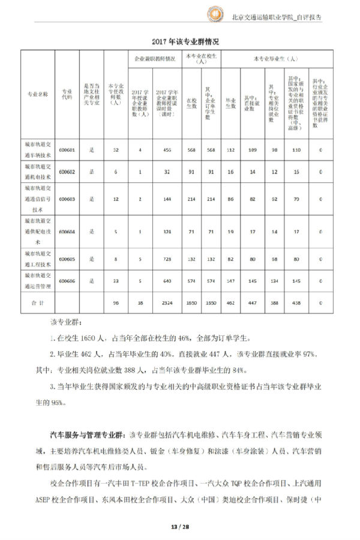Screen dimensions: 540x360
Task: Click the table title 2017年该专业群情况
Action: (179, 41)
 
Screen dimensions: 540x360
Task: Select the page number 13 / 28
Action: (179, 527)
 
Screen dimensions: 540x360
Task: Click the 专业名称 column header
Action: (38, 94)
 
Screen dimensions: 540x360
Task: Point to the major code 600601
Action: (68, 149)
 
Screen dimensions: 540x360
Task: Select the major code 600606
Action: (68, 280)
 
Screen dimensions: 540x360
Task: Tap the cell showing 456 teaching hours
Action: (164, 149)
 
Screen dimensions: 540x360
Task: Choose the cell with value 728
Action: (164, 259)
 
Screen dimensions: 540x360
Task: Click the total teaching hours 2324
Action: (164, 304)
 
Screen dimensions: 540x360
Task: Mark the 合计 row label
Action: (38, 304)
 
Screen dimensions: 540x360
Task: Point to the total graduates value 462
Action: (230, 304)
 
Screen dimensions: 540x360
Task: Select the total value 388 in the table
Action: (274, 304)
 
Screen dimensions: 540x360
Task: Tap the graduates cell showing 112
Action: (230, 149)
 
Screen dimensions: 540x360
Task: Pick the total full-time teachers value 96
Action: (116, 304)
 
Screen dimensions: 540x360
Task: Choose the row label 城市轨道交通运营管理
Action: (38, 280)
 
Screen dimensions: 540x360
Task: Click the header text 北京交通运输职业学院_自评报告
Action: (276, 17)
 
